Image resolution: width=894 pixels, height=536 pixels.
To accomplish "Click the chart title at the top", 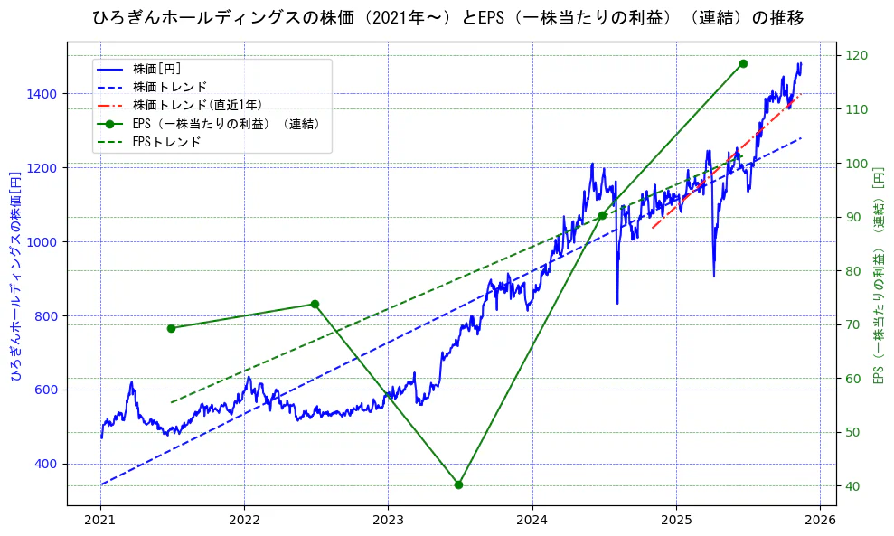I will click(447, 17).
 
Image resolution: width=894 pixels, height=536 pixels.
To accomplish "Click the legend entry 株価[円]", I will click(156, 68).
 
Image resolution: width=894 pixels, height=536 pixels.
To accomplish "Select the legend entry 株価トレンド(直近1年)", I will click(197, 105).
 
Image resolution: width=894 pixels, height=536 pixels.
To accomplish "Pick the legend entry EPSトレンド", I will click(166, 142).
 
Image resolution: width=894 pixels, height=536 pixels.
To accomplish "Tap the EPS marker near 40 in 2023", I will click(458, 484).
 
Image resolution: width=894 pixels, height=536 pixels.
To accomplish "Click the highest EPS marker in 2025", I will click(743, 63).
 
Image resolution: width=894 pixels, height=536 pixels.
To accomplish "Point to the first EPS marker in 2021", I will click(171, 328).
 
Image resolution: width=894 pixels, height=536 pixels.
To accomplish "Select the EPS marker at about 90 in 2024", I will click(602, 215).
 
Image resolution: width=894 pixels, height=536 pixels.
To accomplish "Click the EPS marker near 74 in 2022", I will click(315, 304).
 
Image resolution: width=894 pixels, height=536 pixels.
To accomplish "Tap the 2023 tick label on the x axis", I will click(388, 521).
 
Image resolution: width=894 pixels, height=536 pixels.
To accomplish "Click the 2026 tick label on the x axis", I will click(819, 521).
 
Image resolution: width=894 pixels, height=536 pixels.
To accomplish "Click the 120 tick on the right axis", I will click(855, 56).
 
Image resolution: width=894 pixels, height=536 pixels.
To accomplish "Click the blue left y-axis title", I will click(15, 276).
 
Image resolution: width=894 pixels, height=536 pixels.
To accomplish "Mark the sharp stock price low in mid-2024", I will click(617, 303).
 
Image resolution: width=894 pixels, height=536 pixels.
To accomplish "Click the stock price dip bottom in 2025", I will click(713, 276).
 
